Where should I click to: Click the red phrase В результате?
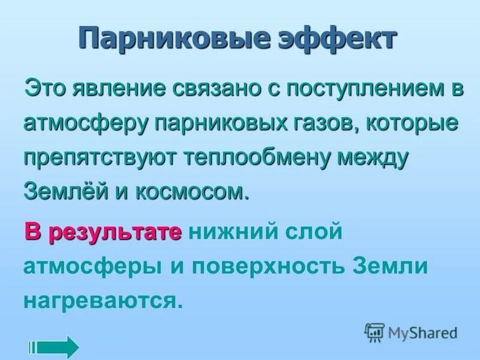coord(103,231)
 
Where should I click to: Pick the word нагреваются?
coord(102,299)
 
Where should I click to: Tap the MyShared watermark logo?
coord(411,331)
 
